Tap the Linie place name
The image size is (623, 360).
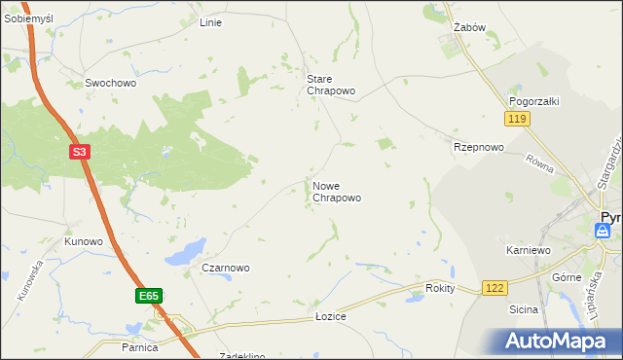210,22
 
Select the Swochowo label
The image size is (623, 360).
110,84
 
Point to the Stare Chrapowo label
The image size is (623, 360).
331,85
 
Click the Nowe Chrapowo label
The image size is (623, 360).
337,192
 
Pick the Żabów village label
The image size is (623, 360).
469,28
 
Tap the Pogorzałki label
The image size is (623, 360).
531,101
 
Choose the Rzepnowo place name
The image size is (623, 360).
478,148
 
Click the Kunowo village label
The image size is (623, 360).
84,241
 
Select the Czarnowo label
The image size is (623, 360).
226,268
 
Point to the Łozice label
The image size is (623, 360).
331,317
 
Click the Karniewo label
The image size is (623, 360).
529,250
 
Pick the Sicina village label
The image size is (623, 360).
524,309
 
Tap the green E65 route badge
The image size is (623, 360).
148,295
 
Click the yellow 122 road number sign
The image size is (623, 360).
495,288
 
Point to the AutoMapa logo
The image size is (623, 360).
556,341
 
